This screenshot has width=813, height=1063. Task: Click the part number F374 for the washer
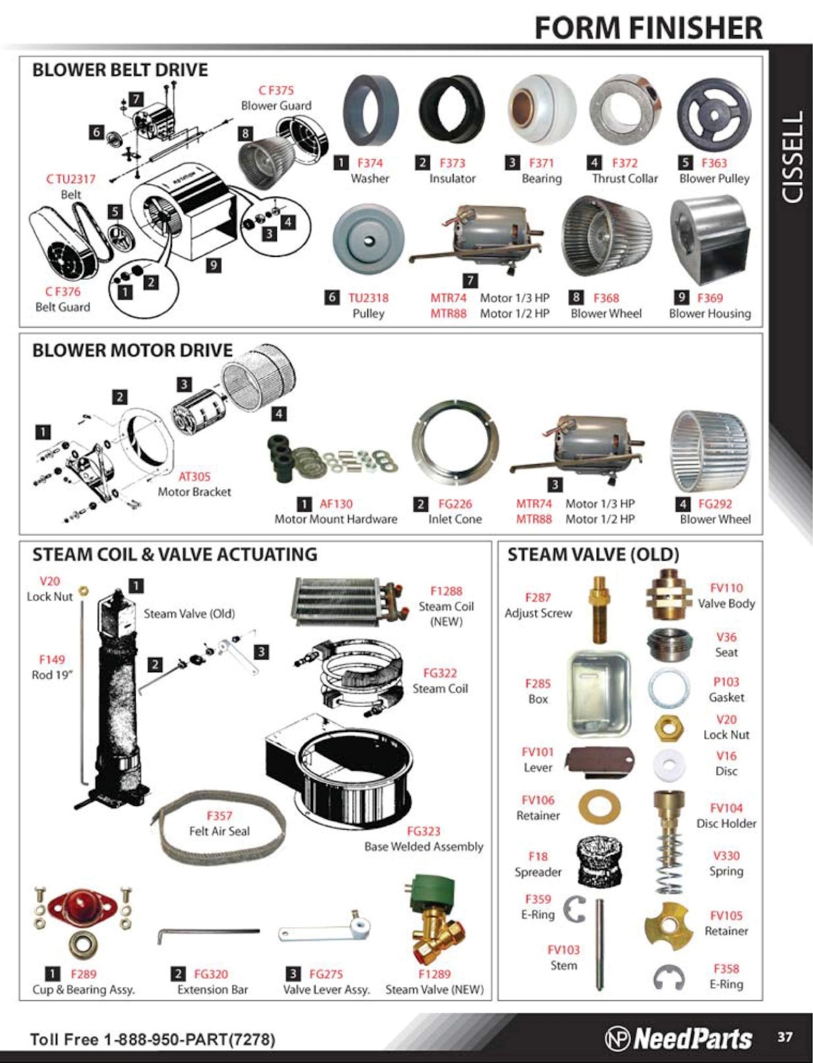pyautogui.click(x=370, y=163)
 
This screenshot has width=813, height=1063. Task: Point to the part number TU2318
pyautogui.click(x=368, y=298)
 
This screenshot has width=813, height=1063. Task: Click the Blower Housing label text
pyautogui.click(x=710, y=313)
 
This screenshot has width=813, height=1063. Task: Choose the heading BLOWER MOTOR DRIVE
pyautogui.click(x=133, y=350)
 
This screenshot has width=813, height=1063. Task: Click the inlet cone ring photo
pyautogui.click(x=455, y=445)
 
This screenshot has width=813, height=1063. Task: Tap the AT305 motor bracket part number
pyautogui.click(x=194, y=476)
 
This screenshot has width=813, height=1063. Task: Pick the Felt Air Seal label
pyautogui.click(x=220, y=831)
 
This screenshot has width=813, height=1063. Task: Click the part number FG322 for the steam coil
pyautogui.click(x=440, y=673)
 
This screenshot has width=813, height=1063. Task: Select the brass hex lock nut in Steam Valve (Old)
pyautogui.click(x=669, y=728)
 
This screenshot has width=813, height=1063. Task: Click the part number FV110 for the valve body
pyautogui.click(x=727, y=588)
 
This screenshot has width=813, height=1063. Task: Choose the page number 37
pyautogui.click(x=785, y=1037)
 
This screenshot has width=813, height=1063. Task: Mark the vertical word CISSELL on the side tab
pyautogui.click(x=792, y=157)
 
